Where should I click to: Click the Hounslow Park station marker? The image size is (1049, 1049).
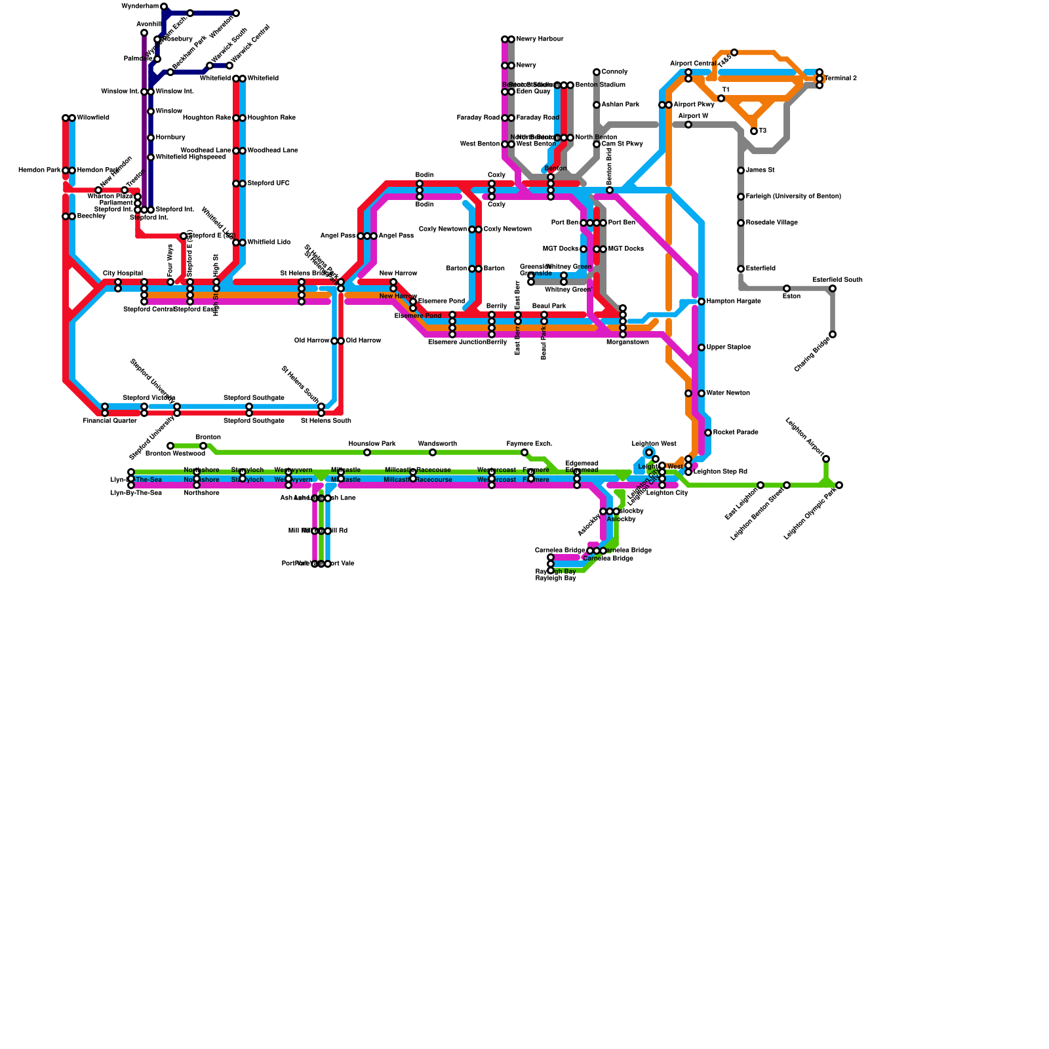click(x=367, y=452)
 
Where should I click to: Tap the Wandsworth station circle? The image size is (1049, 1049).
click(x=433, y=452)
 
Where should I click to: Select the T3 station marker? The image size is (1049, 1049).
click(x=754, y=131)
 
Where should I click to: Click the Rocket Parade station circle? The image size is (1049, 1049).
click(x=708, y=433)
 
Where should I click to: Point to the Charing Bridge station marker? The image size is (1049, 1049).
click(x=833, y=334)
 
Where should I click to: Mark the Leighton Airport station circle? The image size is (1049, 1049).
click(x=826, y=459)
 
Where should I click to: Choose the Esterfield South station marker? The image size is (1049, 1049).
click(x=833, y=288)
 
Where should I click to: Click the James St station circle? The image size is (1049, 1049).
click(x=741, y=170)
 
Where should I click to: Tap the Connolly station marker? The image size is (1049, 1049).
click(x=597, y=72)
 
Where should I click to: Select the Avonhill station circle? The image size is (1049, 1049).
click(x=144, y=33)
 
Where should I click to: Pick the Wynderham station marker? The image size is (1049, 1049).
click(x=164, y=7)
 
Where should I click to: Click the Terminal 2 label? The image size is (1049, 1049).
click(x=841, y=79)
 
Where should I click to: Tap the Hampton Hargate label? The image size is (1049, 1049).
click(x=734, y=302)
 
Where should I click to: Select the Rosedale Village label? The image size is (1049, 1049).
click(x=772, y=223)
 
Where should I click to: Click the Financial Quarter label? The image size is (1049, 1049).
click(x=109, y=421)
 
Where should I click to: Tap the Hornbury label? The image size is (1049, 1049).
click(x=170, y=138)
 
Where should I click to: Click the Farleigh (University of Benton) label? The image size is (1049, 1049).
click(x=793, y=197)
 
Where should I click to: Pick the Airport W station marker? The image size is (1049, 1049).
click(x=688, y=125)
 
